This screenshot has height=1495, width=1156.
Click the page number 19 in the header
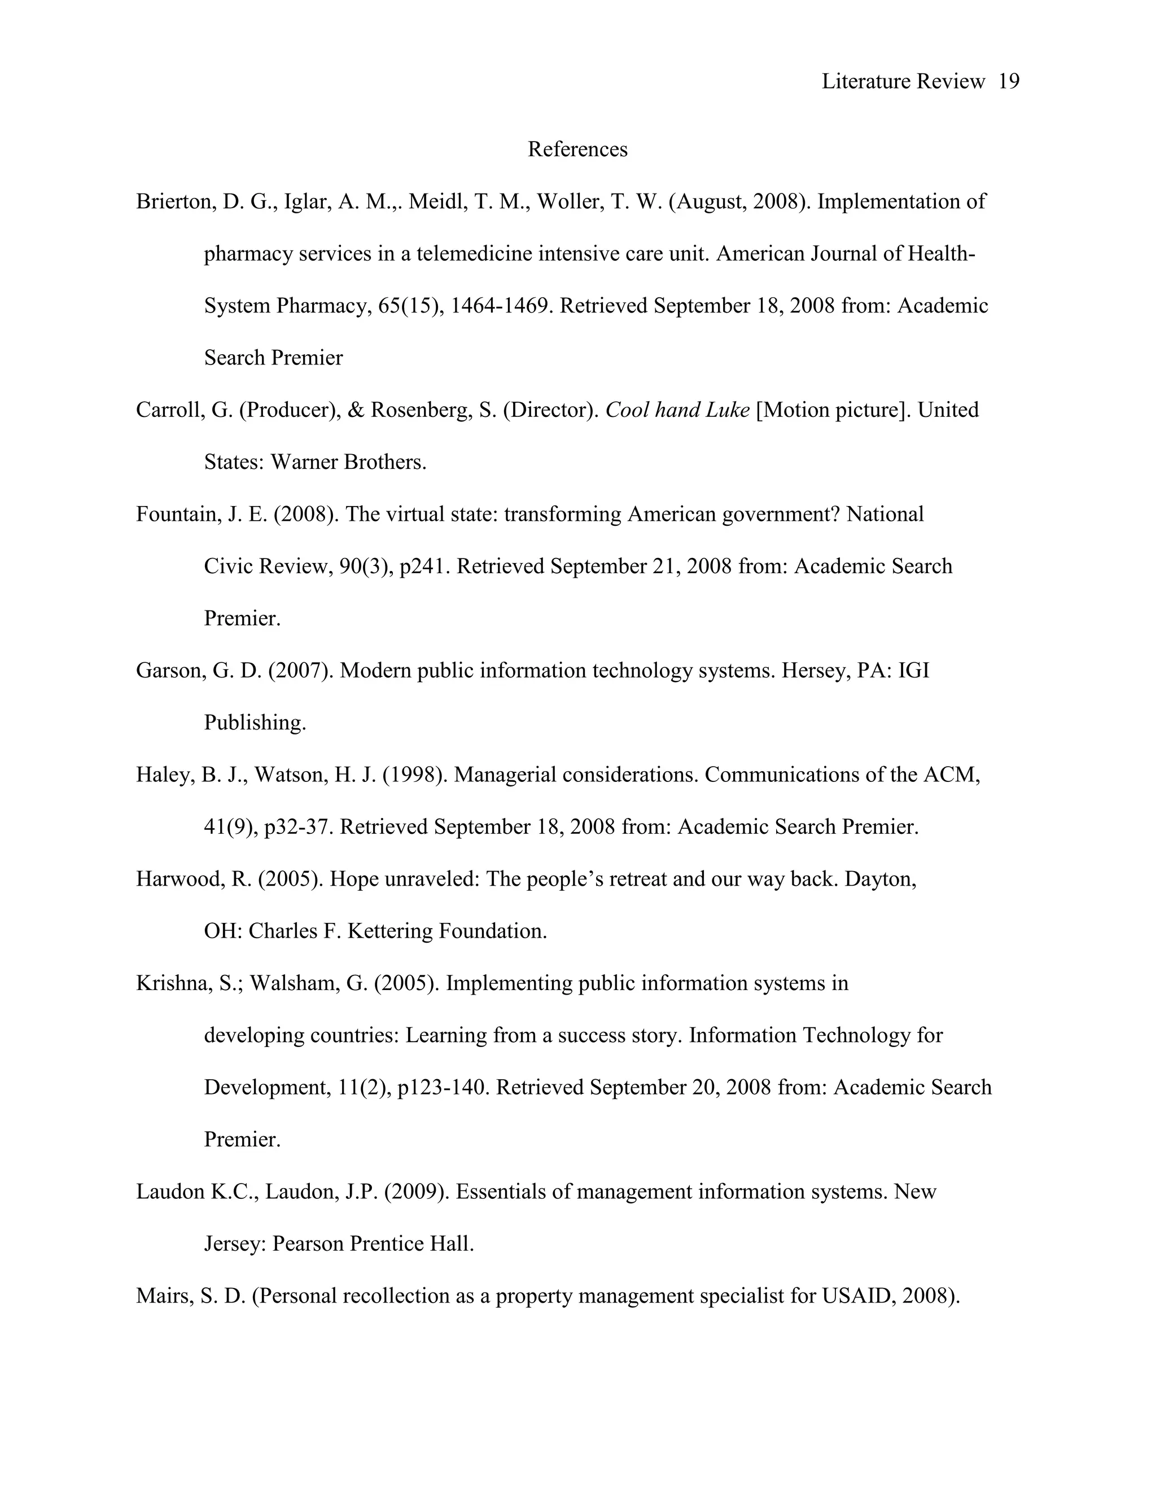[x=1009, y=81]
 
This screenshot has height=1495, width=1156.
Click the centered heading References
[x=577, y=149]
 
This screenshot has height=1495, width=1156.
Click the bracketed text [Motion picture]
[x=834, y=410]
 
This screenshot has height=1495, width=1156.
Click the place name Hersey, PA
[x=834, y=671]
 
